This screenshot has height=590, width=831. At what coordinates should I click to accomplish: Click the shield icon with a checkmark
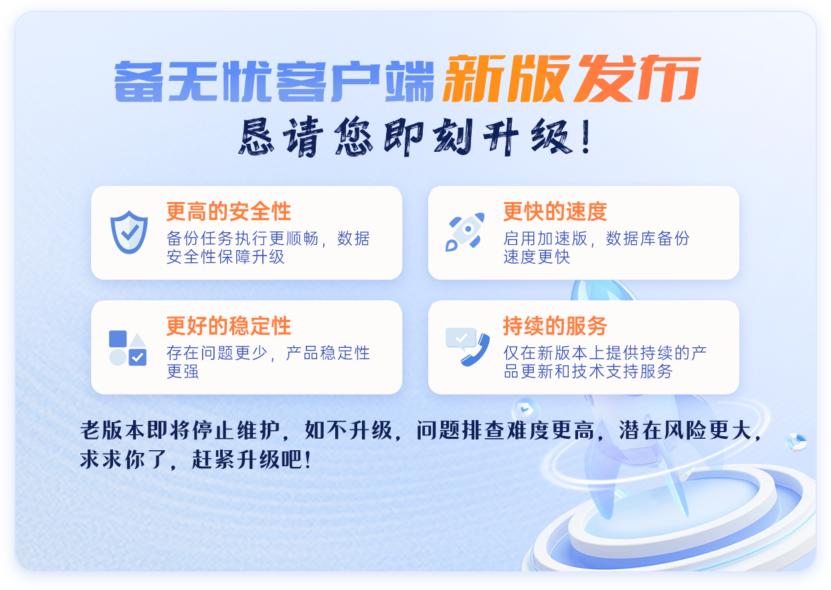(x=129, y=233)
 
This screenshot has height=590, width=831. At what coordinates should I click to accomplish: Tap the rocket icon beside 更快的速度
(x=465, y=231)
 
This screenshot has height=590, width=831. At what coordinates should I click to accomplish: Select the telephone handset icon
(x=476, y=350)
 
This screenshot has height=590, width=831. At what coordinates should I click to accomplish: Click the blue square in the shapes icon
(x=118, y=339)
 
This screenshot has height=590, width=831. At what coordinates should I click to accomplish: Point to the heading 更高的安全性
(x=229, y=211)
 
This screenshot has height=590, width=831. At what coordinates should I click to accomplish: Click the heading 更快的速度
(x=555, y=211)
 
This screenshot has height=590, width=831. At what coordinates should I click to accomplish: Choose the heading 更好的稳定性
(x=229, y=326)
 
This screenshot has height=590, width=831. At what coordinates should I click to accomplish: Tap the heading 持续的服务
(x=555, y=326)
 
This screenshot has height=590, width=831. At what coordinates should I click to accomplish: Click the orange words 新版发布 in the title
(x=571, y=79)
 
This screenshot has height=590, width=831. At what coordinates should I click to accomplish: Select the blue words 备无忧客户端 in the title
(x=274, y=81)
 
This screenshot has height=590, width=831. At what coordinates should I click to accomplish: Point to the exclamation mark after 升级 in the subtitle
(x=587, y=136)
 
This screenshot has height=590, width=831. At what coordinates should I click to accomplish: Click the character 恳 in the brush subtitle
(x=256, y=136)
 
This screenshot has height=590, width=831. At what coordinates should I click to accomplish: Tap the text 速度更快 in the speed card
(x=537, y=257)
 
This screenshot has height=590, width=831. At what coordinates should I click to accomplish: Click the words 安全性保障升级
(x=225, y=257)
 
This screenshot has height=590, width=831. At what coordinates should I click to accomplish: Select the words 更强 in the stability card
(x=183, y=371)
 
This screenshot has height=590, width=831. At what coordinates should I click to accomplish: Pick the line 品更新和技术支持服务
(x=588, y=371)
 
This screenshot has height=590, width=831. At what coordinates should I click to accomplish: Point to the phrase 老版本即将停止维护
(x=180, y=431)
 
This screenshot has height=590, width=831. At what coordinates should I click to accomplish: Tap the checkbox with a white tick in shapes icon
(x=138, y=357)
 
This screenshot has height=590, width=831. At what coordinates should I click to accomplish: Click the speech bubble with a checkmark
(x=461, y=338)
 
